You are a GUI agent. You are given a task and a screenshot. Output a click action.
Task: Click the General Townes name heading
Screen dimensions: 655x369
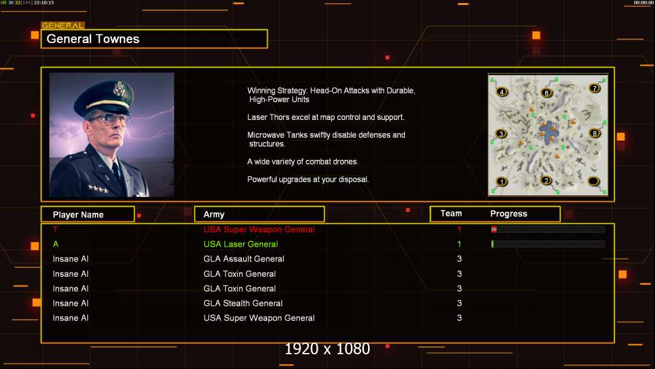pyautogui.click(x=93, y=39)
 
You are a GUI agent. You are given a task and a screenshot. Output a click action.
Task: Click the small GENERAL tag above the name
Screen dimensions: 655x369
pyautogui.click(x=63, y=25)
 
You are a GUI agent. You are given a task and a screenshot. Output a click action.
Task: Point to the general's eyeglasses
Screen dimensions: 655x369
pyautogui.click(x=109, y=119)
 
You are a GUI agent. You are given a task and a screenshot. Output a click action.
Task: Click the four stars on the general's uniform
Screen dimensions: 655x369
pyautogui.click(x=98, y=188)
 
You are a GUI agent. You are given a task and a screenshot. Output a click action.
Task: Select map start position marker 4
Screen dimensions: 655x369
pyautogui.click(x=501, y=92)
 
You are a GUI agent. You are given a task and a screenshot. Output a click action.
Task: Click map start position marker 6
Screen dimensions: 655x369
pyautogui.click(x=546, y=93)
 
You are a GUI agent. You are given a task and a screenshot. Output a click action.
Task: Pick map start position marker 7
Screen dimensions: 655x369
pyautogui.click(x=594, y=88)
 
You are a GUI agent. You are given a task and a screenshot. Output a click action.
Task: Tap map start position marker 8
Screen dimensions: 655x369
pyautogui.click(x=594, y=133)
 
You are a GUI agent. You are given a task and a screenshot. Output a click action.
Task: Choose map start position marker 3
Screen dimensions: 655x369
pyautogui.click(x=501, y=133)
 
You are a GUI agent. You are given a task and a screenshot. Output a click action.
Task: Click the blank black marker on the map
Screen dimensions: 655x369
pyautogui.click(x=593, y=181)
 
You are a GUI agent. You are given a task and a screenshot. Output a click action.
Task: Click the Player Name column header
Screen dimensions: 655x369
pyautogui.click(x=78, y=215)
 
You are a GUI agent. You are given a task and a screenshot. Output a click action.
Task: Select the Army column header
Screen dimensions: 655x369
pyautogui.click(x=214, y=215)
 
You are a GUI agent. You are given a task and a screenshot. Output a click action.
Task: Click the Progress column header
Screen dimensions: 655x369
pyautogui.click(x=508, y=213)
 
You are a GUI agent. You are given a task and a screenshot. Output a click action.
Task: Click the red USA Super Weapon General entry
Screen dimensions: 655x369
pyautogui.click(x=259, y=229)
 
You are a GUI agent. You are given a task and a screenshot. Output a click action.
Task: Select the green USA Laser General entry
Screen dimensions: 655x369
pyautogui.click(x=241, y=244)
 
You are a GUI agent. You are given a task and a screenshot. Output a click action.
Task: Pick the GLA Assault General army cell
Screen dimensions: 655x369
pyautogui.click(x=244, y=259)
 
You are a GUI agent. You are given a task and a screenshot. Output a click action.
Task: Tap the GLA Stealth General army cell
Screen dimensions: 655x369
pyautogui.click(x=243, y=303)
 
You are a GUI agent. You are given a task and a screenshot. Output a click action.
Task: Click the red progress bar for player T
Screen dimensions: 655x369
pyautogui.click(x=548, y=229)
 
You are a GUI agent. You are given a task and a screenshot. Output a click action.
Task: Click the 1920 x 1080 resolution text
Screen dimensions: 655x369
pyautogui.click(x=327, y=349)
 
